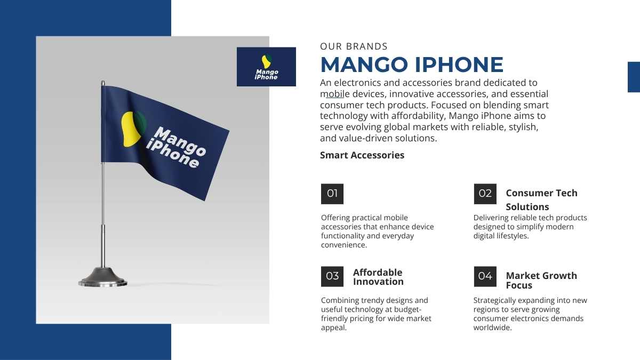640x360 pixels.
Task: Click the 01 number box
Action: click(x=332, y=194)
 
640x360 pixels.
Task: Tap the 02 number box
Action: click(x=485, y=194)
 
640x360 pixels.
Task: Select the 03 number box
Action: click(x=332, y=276)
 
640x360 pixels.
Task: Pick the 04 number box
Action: click(x=485, y=276)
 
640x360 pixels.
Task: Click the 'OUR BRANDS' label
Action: click(x=354, y=46)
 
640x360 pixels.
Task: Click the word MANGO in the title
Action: click(x=364, y=65)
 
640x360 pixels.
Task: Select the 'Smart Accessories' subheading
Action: click(x=362, y=155)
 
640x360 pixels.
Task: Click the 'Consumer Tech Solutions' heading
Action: click(x=541, y=199)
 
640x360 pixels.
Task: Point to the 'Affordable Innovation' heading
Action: click(x=378, y=277)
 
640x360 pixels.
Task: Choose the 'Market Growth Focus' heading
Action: click(x=541, y=281)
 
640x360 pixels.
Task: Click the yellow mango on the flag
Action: click(x=131, y=129)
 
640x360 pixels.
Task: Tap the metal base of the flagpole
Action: click(x=103, y=277)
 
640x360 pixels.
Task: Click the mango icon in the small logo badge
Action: click(x=266, y=62)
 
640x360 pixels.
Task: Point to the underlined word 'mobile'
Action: click(x=334, y=94)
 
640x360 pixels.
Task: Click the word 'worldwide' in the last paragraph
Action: click(x=492, y=327)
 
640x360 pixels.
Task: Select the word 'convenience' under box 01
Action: click(x=343, y=245)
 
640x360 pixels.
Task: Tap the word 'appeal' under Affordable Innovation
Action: click(x=333, y=327)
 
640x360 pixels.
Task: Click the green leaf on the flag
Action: click(x=141, y=123)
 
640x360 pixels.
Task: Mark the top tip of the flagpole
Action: click(x=103, y=81)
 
